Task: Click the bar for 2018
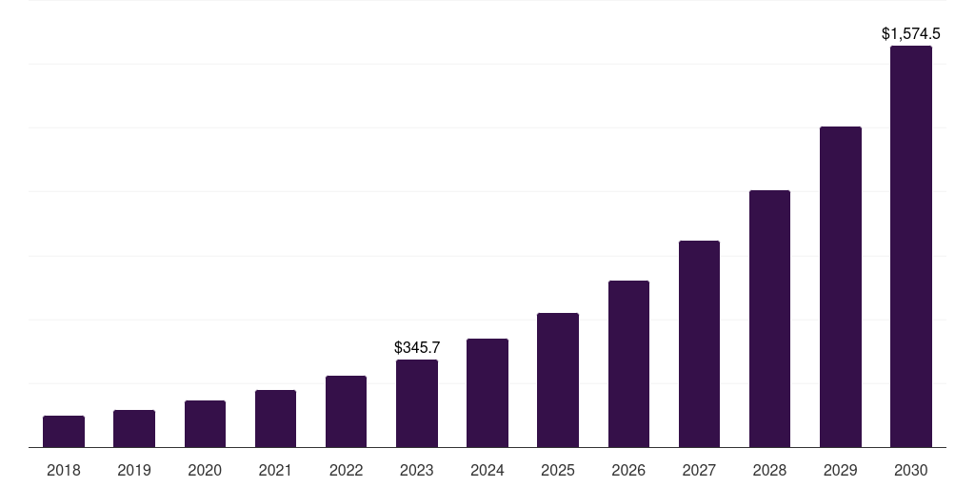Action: pyautogui.click(x=64, y=432)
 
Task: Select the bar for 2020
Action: pyautogui.click(x=205, y=424)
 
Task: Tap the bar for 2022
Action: pyautogui.click(x=346, y=412)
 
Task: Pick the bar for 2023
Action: pyautogui.click(x=417, y=403)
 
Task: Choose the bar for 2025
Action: pyautogui.click(x=558, y=380)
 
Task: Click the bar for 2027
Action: pyautogui.click(x=699, y=344)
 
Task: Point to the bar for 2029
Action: pyautogui.click(x=841, y=287)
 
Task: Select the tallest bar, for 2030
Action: pyautogui.click(x=911, y=246)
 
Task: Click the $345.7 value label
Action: pyautogui.click(x=417, y=348)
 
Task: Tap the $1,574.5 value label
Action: pyautogui.click(x=911, y=34)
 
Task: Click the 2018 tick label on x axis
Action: pyautogui.click(x=64, y=470)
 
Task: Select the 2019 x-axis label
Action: pyautogui.click(x=134, y=470)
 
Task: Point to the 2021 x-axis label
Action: pyautogui.click(x=275, y=470)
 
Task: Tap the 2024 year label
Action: pyautogui.click(x=487, y=470)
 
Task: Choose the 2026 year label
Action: pyautogui.click(x=628, y=470)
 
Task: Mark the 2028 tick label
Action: pyautogui.click(x=769, y=470)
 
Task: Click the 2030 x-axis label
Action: pyautogui.click(x=911, y=470)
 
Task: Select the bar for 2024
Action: pyautogui.click(x=487, y=393)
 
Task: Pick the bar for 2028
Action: pyautogui.click(x=769, y=319)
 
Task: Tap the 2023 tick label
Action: pyautogui.click(x=417, y=470)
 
